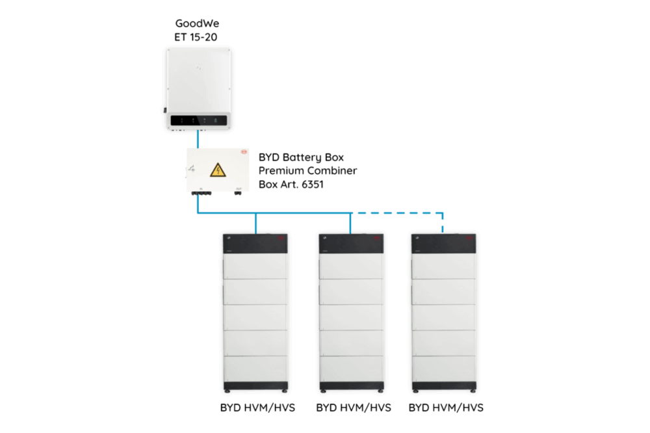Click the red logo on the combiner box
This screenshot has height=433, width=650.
coord(245,153)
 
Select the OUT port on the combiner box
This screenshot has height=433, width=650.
coord(239,193)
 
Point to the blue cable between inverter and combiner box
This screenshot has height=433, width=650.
coord(198,139)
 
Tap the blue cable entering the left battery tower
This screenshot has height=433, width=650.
coord(256,224)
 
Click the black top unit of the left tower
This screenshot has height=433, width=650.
coord(255,243)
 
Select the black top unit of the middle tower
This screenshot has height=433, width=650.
coord(351,243)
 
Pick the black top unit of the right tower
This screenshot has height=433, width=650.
coord(444,243)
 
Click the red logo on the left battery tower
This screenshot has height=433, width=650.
coord(280,239)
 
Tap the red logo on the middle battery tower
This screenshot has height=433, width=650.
coord(376,239)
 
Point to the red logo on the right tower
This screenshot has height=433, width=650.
coord(469,239)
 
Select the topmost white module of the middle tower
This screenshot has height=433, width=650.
coord(351,267)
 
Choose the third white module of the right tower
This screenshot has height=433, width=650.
coord(444,317)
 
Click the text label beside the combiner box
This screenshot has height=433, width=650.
coord(305,170)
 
